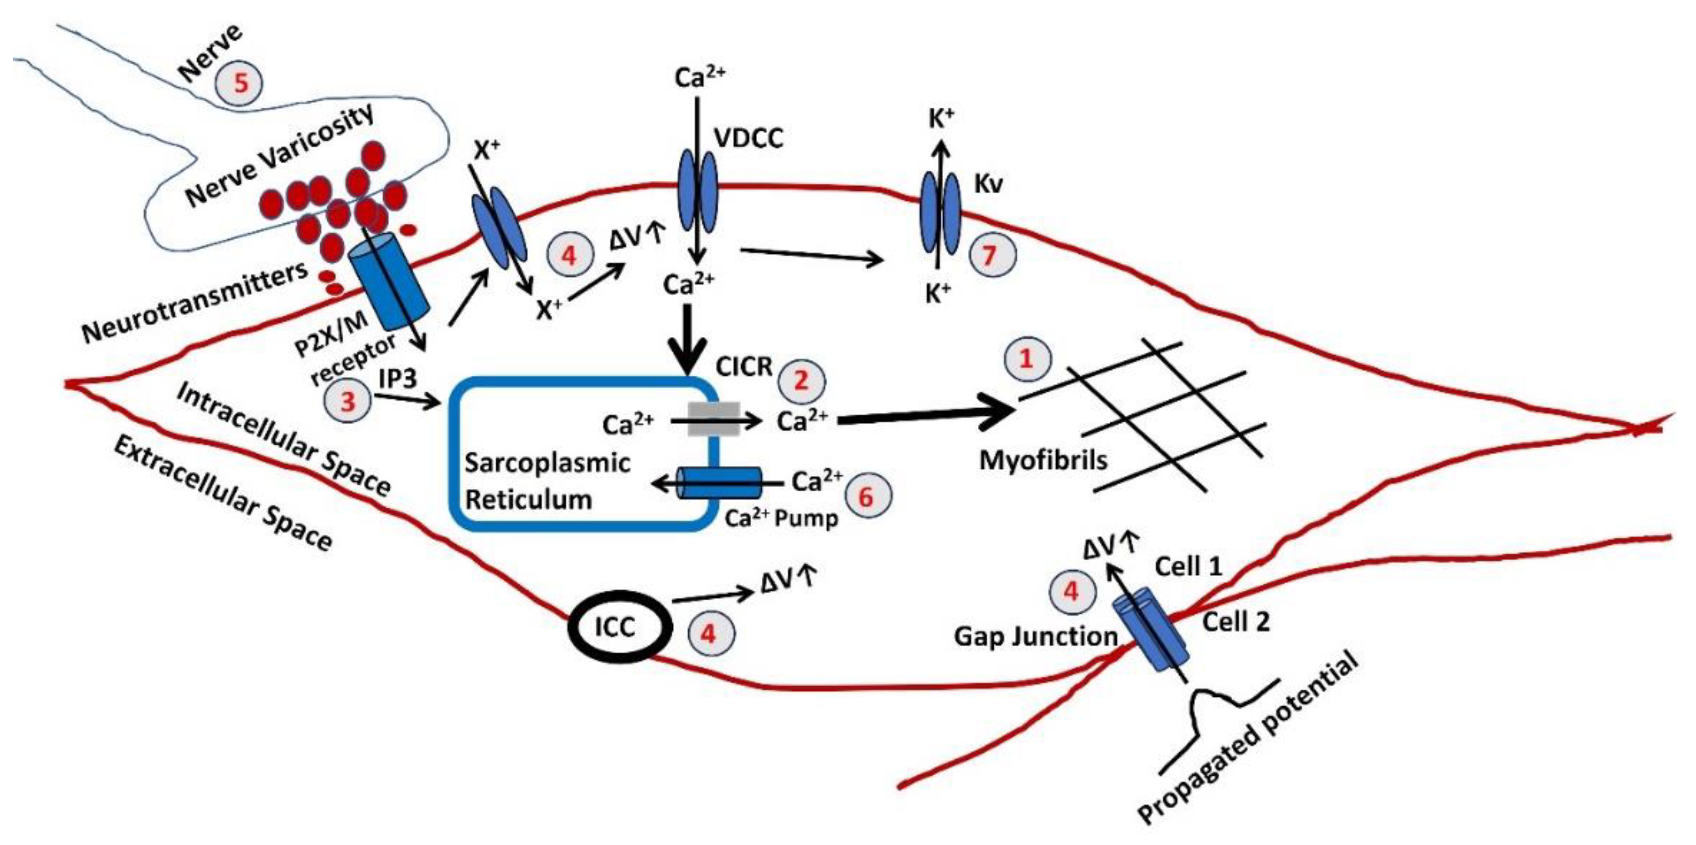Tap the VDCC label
(x=749, y=139)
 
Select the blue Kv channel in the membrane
(x=940, y=213)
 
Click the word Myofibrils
(x=1043, y=460)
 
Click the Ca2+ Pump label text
(x=782, y=519)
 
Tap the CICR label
(x=744, y=367)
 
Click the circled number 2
(x=801, y=380)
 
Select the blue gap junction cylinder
(x=1150, y=629)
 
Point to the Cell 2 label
(x=1236, y=621)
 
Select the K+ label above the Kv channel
(x=941, y=119)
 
